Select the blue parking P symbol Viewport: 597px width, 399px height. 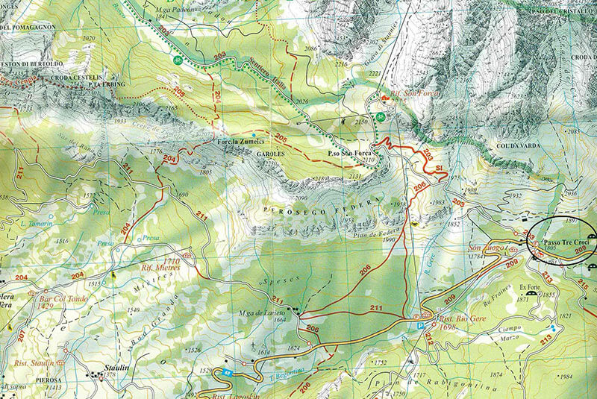[420, 325]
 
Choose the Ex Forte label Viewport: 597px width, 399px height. [530, 286]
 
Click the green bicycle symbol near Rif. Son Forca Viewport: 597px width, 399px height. [381, 116]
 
